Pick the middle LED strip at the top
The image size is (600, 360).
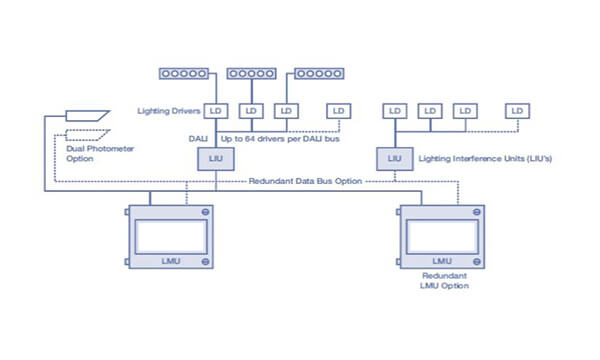(252, 73)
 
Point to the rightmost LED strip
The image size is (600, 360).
(318, 73)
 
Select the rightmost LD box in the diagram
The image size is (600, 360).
(516, 110)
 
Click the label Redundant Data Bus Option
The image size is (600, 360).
(304, 180)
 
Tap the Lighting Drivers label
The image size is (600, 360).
(172, 111)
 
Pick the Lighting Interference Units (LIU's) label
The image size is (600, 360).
(484, 158)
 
